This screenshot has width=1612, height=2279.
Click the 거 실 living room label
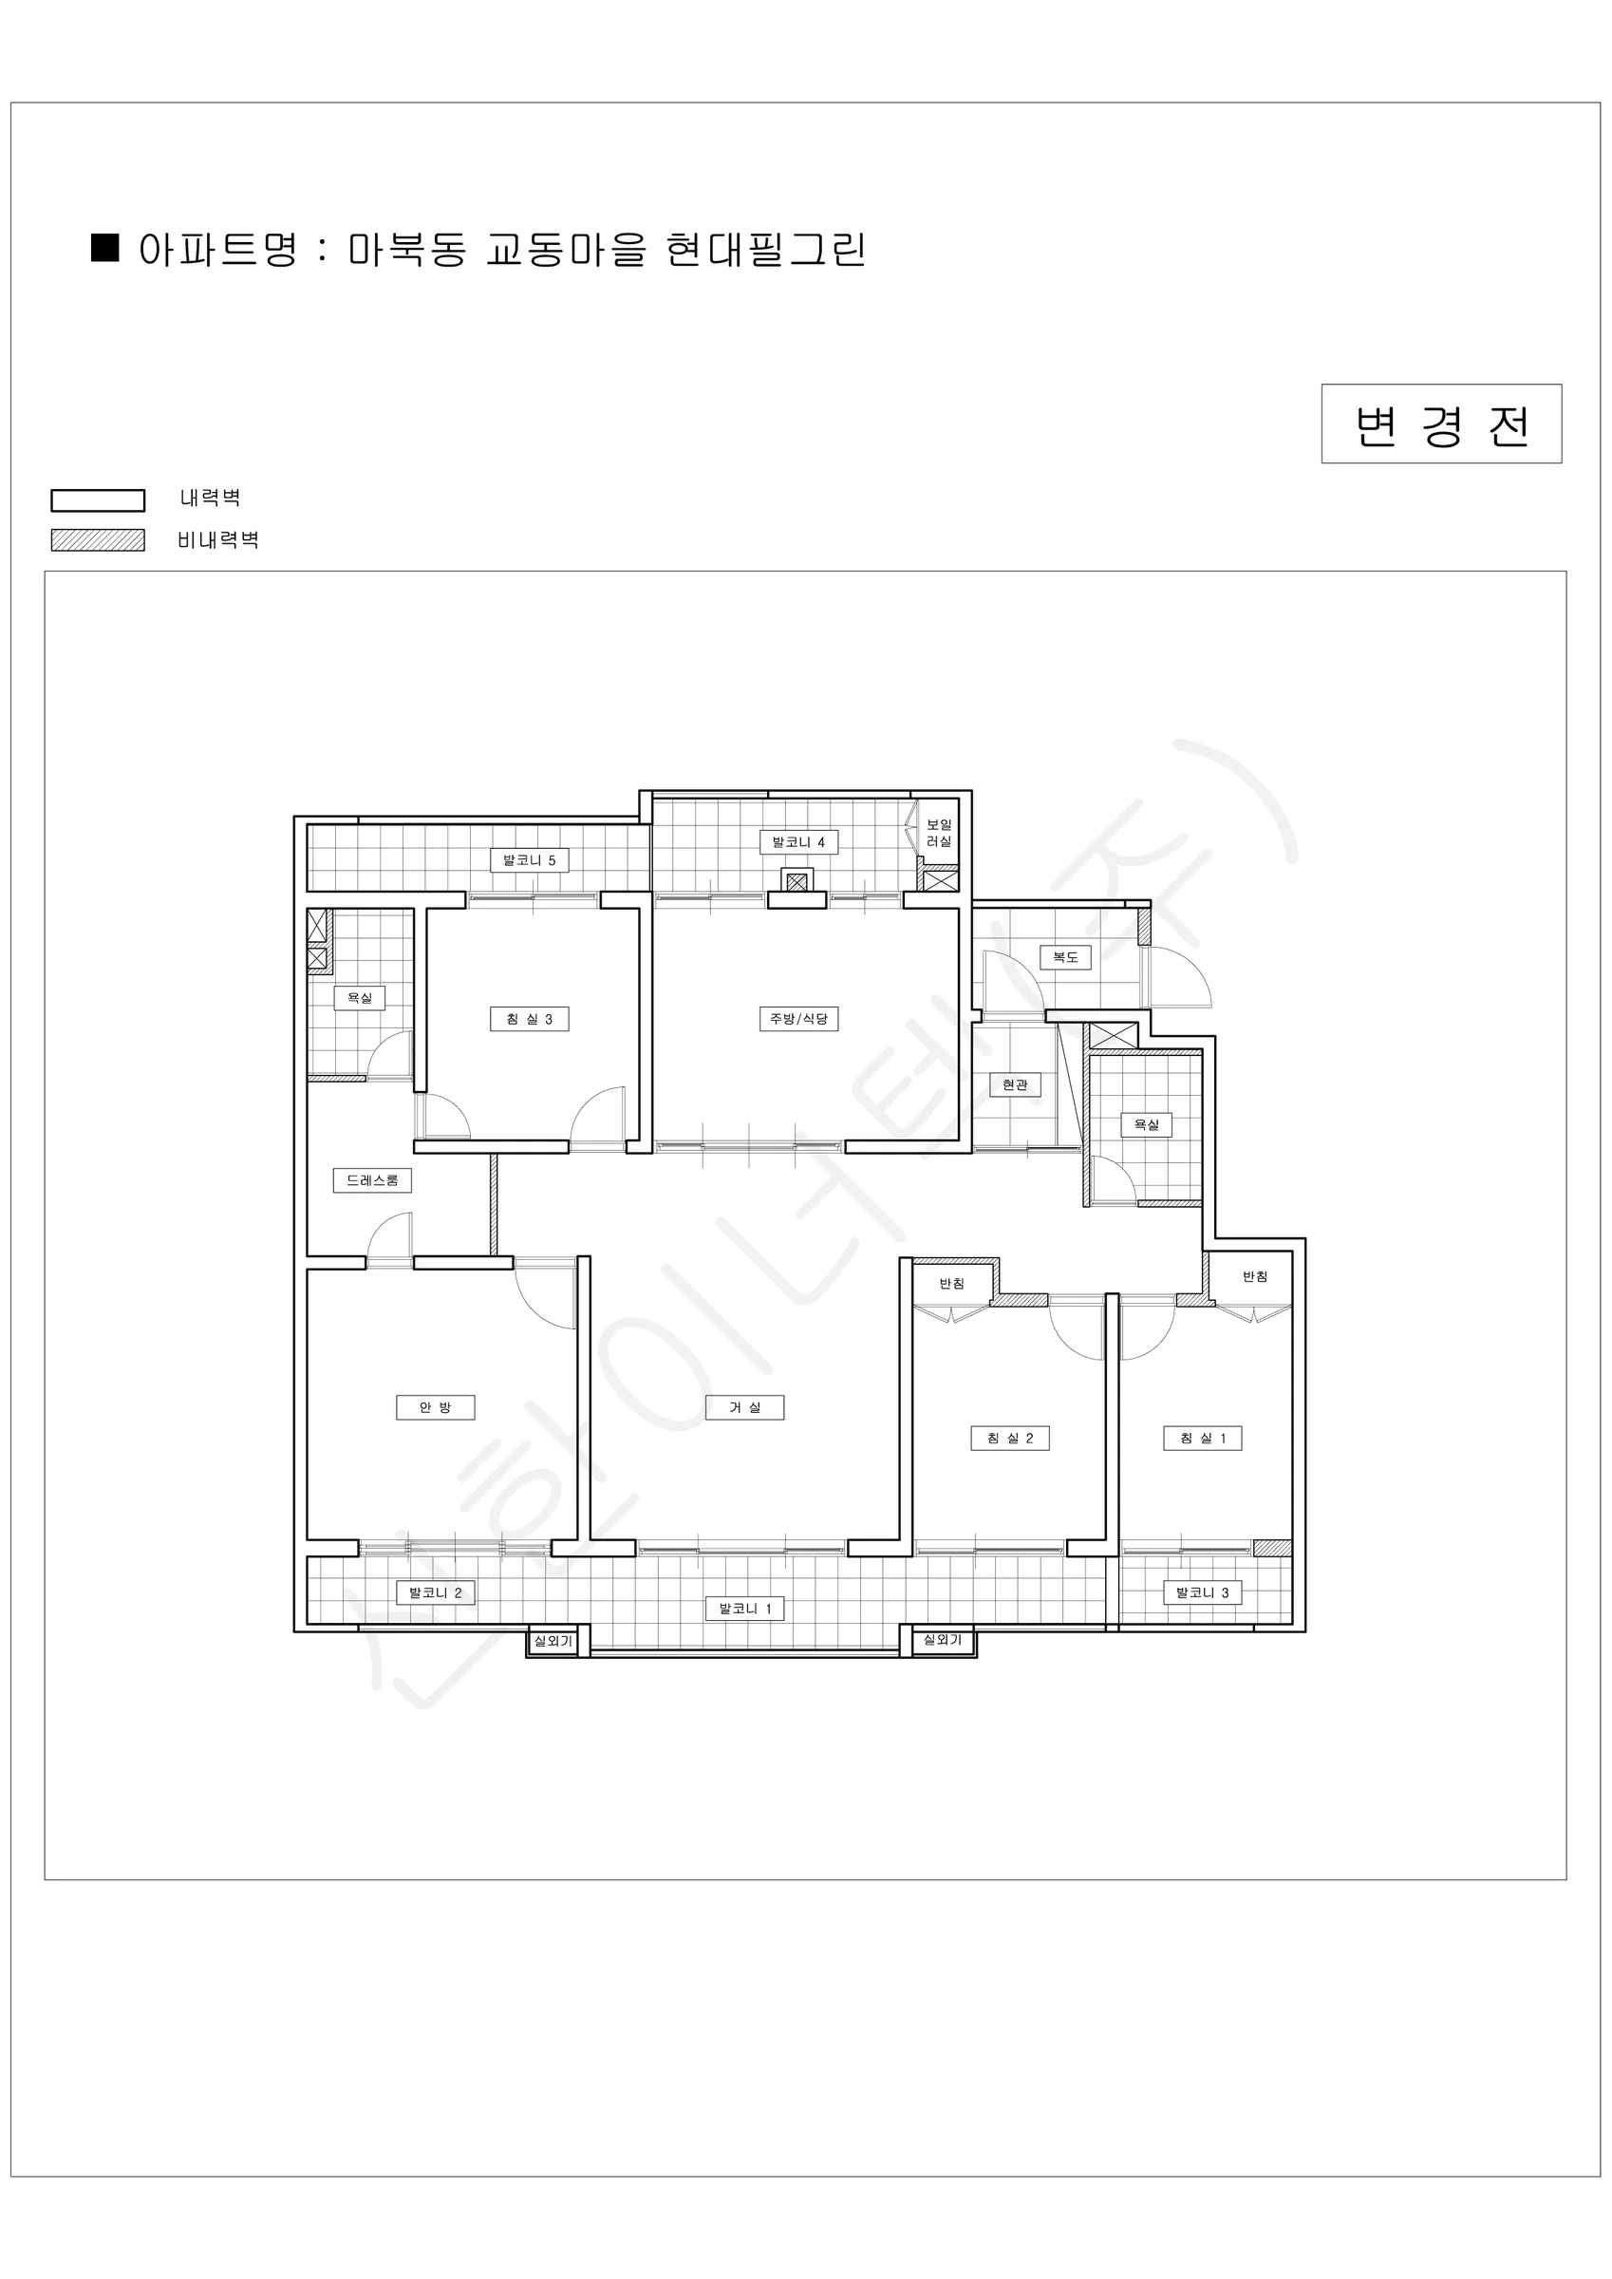[744, 1407]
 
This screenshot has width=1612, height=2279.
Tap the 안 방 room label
[435, 1407]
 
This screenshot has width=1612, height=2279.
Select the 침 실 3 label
[529, 1020]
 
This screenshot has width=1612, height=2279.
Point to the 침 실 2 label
[1009, 1439]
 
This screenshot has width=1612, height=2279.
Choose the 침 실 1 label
[1202, 1439]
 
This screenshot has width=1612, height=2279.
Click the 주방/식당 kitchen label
[798, 1020]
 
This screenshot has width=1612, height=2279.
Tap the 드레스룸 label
[372, 1181]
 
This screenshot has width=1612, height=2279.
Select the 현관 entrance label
[1015, 1085]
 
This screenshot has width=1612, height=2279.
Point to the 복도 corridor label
[1065, 958]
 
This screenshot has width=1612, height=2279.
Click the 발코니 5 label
[529, 860]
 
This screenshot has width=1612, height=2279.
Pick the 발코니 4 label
[798, 842]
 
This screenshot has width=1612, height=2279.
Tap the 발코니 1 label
[744, 1609]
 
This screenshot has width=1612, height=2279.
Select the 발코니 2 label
[435, 1593]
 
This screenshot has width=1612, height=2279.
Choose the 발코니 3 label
[1202, 1593]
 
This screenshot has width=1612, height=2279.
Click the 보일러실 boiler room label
[939, 833]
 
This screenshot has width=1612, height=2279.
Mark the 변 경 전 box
[1441, 424]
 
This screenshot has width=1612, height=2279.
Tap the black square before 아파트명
[105, 247]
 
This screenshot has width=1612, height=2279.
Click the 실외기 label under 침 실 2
[942, 1641]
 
